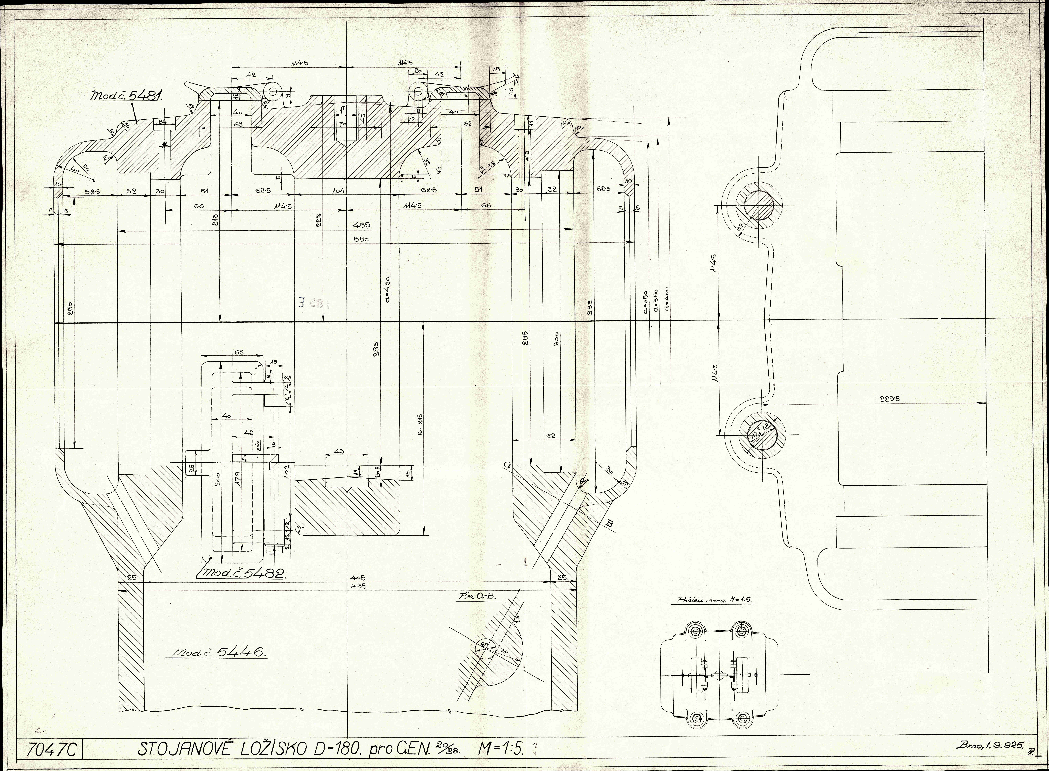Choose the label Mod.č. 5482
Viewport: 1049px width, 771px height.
point(243,574)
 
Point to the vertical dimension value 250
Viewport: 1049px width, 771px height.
point(70,309)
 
